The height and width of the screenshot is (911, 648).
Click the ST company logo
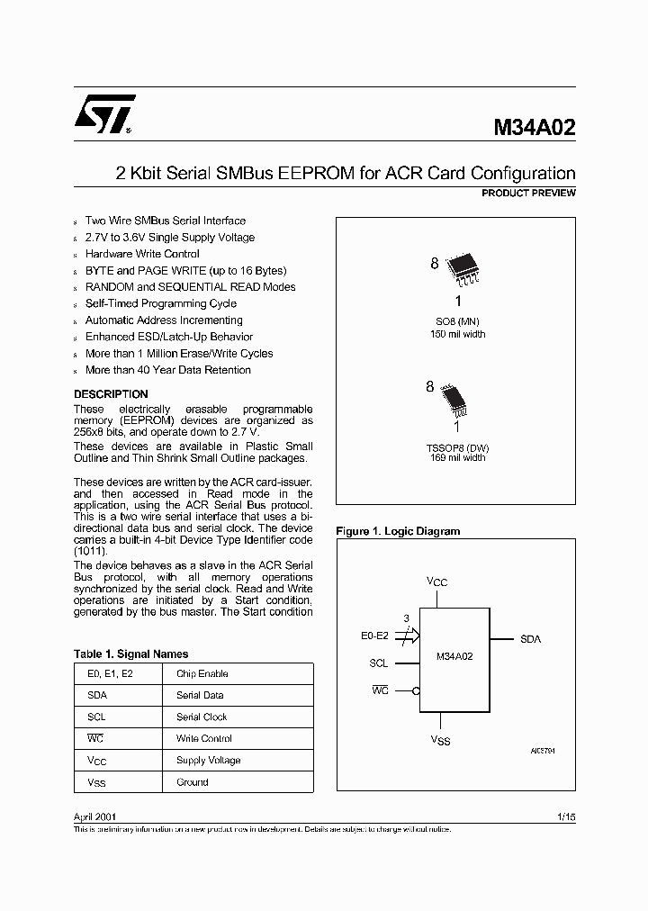[x=104, y=115]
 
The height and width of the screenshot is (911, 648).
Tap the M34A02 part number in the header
[x=534, y=127]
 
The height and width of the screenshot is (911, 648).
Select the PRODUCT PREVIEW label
[x=528, y=194]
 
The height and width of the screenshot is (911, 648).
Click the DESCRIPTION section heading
[x=111, y=394]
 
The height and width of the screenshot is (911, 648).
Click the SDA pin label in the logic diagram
[x=530, y=638]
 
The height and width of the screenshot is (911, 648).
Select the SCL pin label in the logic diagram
[x=378, y=663]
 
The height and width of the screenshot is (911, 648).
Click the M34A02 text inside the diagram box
[x=454, y=657]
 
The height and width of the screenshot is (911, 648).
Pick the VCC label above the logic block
[x=436, y=582]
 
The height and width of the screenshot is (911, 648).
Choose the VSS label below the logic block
[x=440, y=740]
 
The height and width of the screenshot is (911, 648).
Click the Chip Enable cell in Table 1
[x=202, y=673]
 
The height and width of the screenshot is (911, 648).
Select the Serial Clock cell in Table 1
[x=202, y=717]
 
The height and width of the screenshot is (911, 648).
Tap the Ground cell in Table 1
[x=192, y=782]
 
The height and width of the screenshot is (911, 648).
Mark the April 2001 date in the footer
[x=94, y=816]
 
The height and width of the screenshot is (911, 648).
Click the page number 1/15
[x=566, y=816]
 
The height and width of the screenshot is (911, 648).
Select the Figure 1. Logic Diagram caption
[x=397, y=531]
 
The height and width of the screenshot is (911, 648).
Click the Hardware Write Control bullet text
[x=142, y=254]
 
